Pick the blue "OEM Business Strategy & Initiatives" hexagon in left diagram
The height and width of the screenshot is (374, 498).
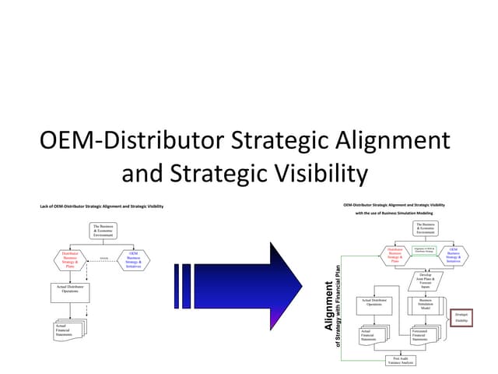pyautogui.click(x=132, y=260)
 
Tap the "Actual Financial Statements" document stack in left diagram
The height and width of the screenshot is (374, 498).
pyautogui.click(x=69, y=329)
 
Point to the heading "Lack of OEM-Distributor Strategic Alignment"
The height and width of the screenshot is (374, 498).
pyautogui.click(x=101, y=206)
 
